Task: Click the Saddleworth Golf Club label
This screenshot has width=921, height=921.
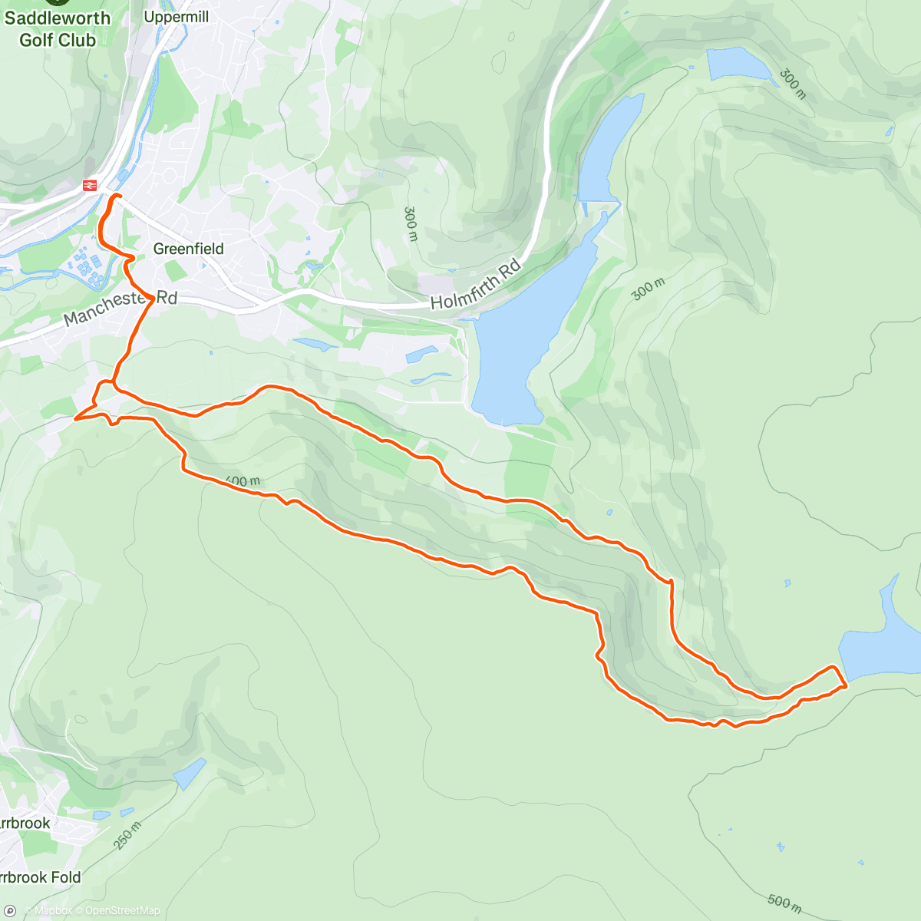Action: click(x=58, y=29)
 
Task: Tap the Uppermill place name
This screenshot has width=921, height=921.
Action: click(x=176, y=17)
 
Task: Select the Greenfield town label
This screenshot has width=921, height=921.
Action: click(x=189, y=249)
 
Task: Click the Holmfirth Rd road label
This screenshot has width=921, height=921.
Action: click(x=476, y=285)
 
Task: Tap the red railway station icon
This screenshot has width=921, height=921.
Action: click(x=89, y=185)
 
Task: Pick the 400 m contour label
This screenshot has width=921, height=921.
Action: click(x=243, y=481)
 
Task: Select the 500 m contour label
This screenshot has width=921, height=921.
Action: click(x=784, y=903)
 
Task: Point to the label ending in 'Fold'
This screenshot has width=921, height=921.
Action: click(x=38, y=877)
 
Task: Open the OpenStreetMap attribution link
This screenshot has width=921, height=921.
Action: click(x=122, y=911)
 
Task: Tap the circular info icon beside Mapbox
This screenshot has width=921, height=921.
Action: click(x=10, y=911)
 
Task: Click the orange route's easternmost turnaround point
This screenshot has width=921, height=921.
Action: click(x=846, y=685)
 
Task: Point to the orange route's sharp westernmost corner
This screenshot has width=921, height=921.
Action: click(x=75, y=419)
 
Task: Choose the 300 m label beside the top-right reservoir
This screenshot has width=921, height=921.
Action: click(x=793, y=84)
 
